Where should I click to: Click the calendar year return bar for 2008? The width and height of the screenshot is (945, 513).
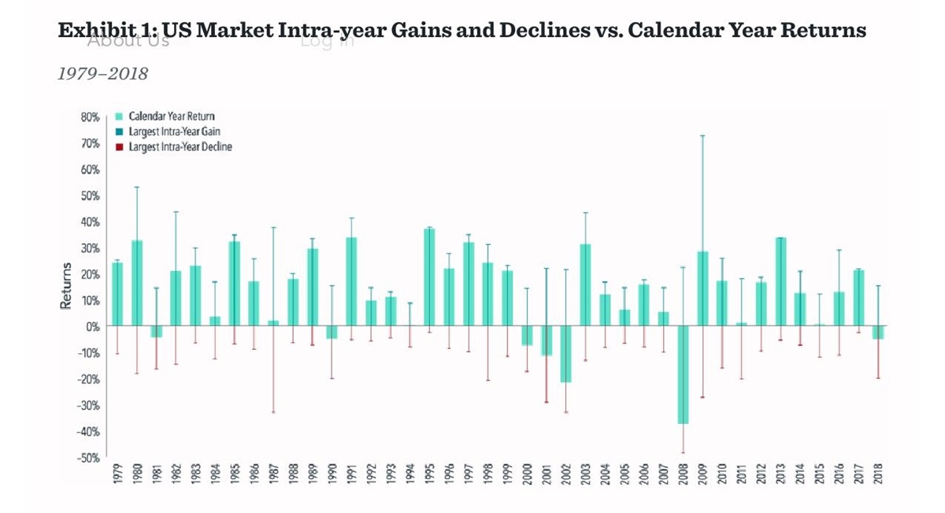click(683, 374)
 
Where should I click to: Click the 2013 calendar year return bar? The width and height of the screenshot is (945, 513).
click(780, 281)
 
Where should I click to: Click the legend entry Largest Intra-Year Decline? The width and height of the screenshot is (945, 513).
click(180, 147)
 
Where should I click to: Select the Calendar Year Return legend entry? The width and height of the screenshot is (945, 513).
click(171, 117)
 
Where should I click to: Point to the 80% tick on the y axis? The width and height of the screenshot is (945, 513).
click(89, 117)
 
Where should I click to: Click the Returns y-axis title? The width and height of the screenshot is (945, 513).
click(66, 285)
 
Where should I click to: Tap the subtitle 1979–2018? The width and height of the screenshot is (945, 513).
click(103, 74)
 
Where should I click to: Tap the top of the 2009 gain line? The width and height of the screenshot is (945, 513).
click(702, 136)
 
